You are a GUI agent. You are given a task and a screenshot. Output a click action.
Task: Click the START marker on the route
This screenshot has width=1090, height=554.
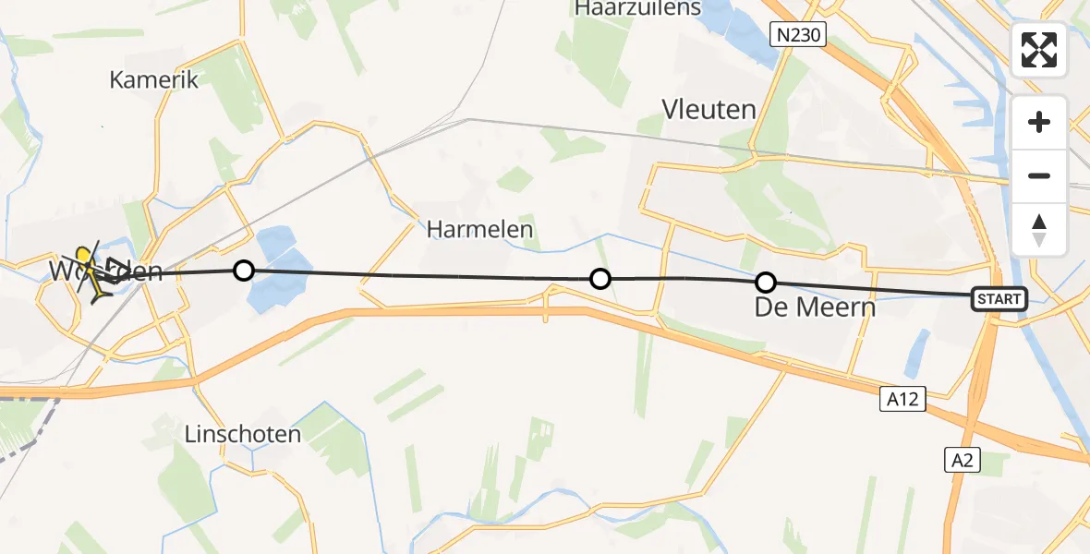pyautogui.click(x=999, y=298)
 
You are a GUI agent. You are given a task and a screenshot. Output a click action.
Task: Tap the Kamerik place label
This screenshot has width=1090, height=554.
pyautogui.click(x=154, y=79)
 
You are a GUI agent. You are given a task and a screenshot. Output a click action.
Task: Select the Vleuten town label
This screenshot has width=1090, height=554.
pyautogui.click(x=708, y=110)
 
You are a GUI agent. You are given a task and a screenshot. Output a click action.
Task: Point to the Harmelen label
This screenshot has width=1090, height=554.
pyautogui.click(x=479, y=229)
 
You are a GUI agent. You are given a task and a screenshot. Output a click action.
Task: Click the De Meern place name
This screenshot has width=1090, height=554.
pyautogui.click(x=814, y=307)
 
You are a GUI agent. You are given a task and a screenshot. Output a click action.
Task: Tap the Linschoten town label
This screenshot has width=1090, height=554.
pyautogui.click(x=244, y=434)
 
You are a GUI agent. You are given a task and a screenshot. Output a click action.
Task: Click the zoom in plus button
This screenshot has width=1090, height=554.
pyautogui.click(x=1039, y=122)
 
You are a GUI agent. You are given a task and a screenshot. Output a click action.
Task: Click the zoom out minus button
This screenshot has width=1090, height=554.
pyautogui.click(x=1039, y=175)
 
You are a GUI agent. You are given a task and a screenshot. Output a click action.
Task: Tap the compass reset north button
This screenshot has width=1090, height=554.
pyautogui.click(x=1039, y=229)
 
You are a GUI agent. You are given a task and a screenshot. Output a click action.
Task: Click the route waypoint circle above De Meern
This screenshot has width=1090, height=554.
pyautogui.click(x=766, y=283)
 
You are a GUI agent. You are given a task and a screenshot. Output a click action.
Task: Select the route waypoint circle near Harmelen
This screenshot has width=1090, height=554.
pyautogui.click(x=600, y=278)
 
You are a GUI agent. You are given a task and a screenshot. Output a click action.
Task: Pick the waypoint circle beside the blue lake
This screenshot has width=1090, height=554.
pyautogui.click(x=243, y=270)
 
